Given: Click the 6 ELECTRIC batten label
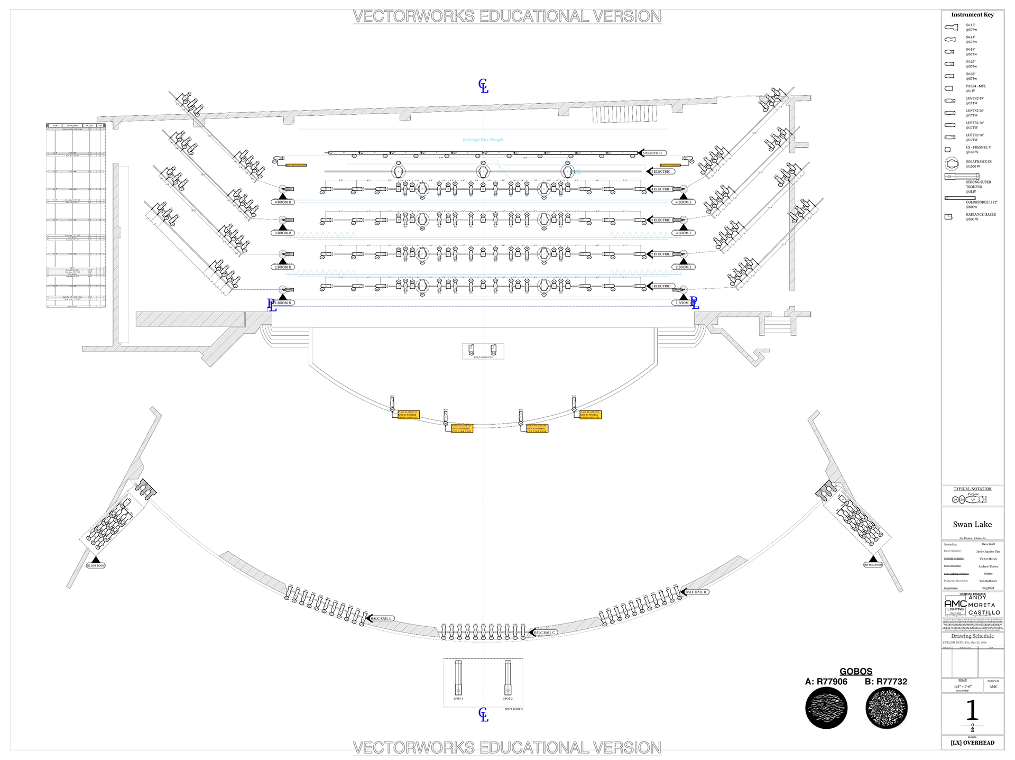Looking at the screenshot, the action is tap(653, 153).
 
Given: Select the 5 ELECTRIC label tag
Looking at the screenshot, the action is tap(661, 172).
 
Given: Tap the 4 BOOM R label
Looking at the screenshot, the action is tap(283, 202).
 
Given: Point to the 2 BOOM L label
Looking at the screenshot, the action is tap(684, 267).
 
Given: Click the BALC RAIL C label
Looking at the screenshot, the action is tap(545, 633).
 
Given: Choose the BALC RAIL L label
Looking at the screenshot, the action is tap(381, 618).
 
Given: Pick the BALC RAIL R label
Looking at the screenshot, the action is tap(696, 592).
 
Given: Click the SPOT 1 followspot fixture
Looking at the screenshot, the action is tap(458, 678).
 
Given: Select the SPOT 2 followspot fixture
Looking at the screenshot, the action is tap(508, 678).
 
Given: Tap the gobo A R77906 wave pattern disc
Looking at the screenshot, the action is tap(826, 708).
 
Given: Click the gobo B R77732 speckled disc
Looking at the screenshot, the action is tap(887, 708).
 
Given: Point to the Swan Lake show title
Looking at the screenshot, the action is tap(972, 525).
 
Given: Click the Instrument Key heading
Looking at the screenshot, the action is tap(972, 15).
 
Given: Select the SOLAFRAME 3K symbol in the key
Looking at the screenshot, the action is tap(952, 163).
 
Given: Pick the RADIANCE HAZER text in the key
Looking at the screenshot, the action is tap(981, 215).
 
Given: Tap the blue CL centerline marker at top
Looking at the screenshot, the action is tap(483, 86).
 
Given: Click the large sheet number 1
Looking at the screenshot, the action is tap(972, 710).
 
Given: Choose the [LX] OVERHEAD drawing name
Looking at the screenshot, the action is tap(972, 743).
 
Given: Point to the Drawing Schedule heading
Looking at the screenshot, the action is tap(972, 636).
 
